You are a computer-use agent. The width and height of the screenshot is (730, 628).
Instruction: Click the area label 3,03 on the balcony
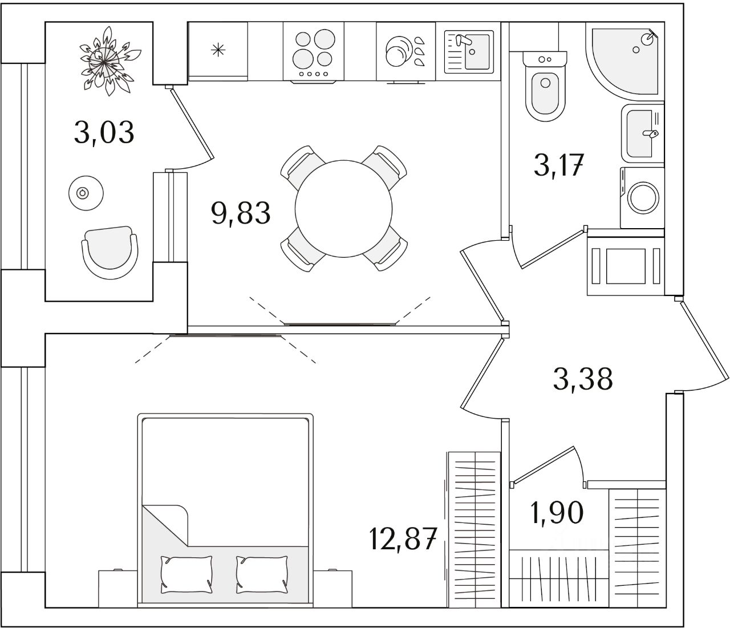[x=104, y=132]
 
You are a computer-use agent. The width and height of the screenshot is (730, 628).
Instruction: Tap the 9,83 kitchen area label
[x=240, y=213]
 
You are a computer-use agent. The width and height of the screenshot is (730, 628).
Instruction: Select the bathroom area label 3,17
[x=559, y=166]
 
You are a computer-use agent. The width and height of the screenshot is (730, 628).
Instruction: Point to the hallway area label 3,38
[x=583, y=378]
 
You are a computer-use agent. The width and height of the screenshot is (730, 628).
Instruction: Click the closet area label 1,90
[x=557, y=513]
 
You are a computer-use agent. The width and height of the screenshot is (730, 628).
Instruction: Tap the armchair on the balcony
[x=110, y=250]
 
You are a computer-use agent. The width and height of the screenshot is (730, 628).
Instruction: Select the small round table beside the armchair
[x=85, y=193]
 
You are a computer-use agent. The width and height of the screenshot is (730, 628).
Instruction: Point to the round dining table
[x=343, y=208]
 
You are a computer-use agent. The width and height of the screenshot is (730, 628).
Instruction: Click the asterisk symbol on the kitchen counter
[x=217, y=50]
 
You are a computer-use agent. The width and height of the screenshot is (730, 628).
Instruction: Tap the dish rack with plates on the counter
[x=405, y=52]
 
